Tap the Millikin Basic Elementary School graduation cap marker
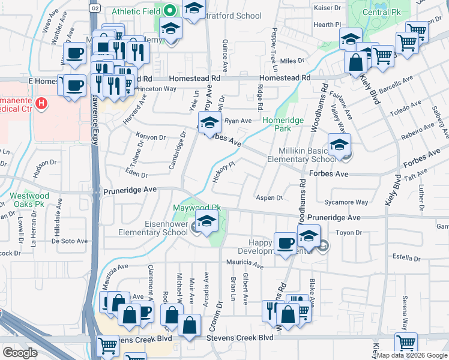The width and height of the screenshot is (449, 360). (339, 145)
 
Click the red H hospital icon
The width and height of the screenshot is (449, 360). (41, 104)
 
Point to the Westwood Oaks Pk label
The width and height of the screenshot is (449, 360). (29, 200)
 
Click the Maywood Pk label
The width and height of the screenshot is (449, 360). (197, 208)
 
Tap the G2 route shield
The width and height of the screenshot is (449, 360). (95, 8)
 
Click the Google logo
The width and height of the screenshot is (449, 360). (20, 353)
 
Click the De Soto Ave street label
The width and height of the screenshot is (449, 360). (70, 241)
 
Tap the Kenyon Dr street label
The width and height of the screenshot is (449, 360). (151, 137)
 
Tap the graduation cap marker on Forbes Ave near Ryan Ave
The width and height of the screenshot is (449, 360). (208, 124)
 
